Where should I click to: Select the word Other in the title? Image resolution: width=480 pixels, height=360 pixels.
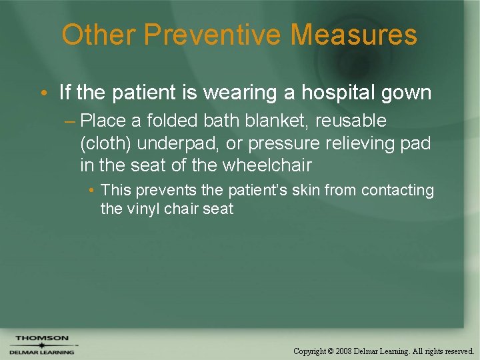click(x=97, y=35)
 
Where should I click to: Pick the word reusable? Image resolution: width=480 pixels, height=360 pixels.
click(x=353, y=121)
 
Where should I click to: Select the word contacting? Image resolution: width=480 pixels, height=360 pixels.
click(x=397, y=191)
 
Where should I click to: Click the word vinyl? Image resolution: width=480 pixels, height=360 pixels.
click(x=142, y=209)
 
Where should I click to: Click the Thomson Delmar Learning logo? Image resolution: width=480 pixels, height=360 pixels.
click(x=41, y=345)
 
